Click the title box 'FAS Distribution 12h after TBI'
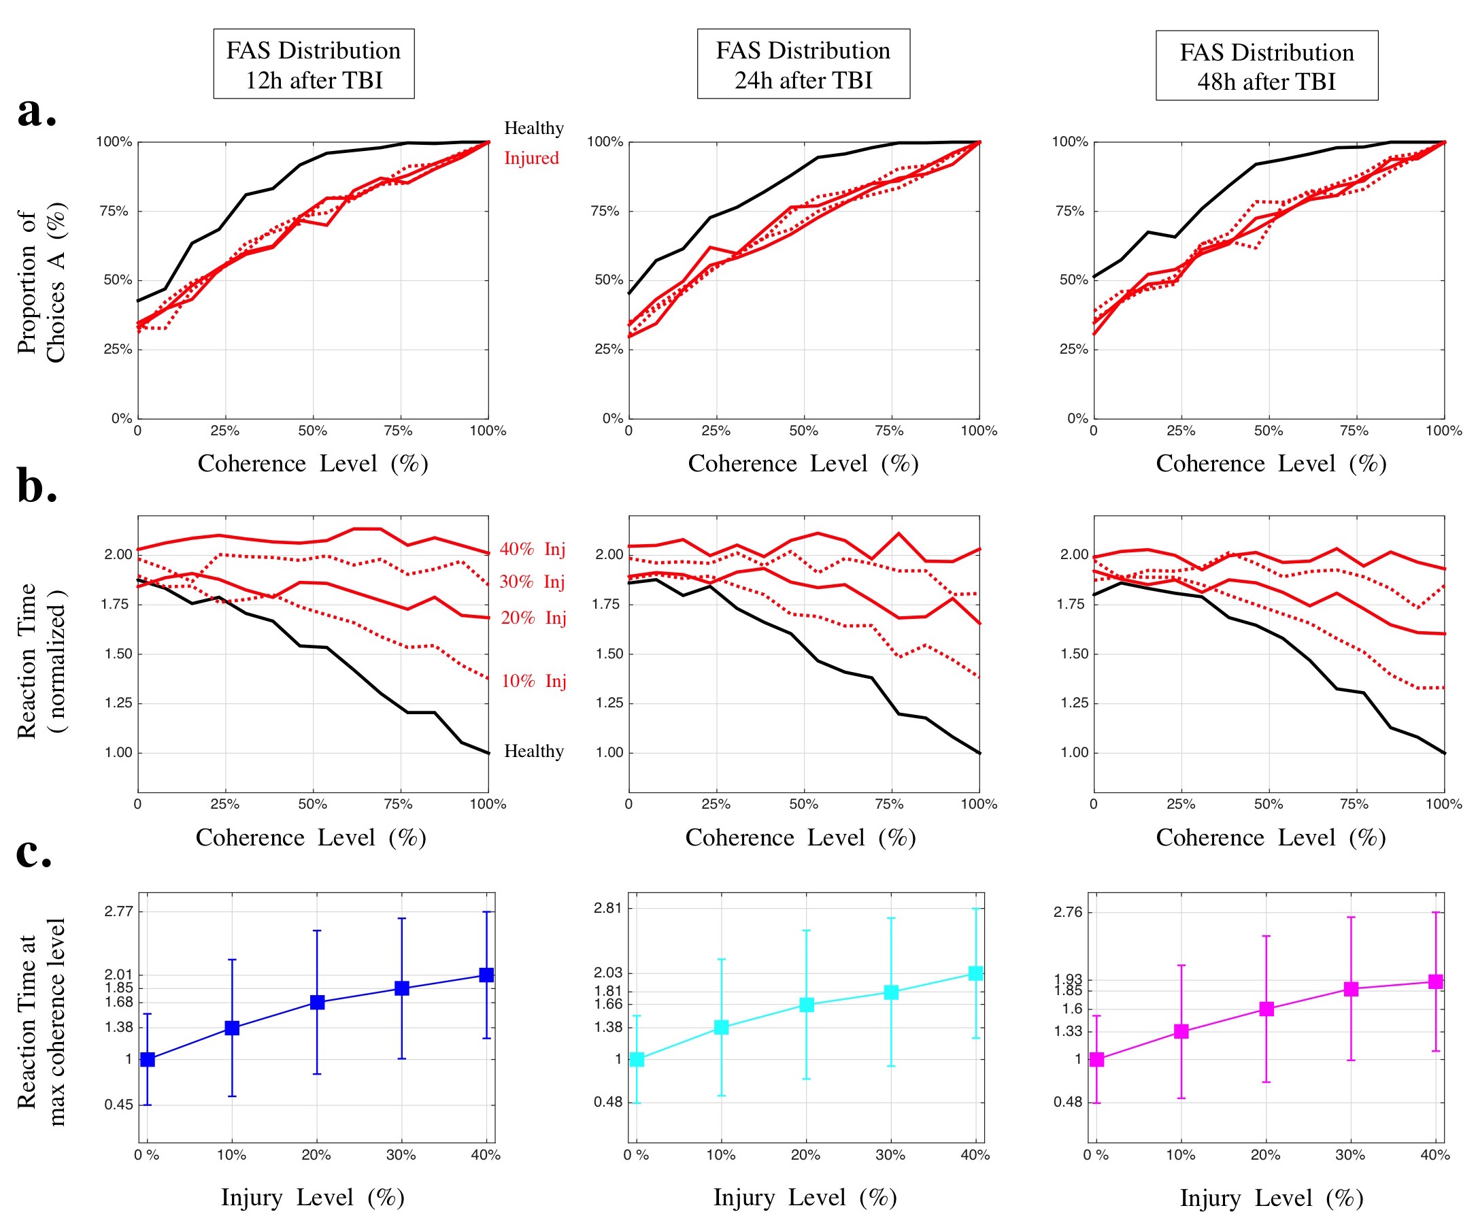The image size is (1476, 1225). (x=314, y=64)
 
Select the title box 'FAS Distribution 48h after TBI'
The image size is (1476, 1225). (x=1266, y=66)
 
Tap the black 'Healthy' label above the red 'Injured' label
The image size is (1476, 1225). (x=533, y=128)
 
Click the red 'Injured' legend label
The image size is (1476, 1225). (x=531, y=158)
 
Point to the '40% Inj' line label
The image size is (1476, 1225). (x=532, y=549)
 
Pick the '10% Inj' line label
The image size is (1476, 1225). (x=533, y=681)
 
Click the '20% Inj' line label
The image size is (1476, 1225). (x=533, y=618)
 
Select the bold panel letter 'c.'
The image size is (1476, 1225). (x=34, y=852)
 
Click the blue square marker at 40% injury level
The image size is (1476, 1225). (x=486, y=975)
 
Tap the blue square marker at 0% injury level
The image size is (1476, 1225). (x=148, y=1059)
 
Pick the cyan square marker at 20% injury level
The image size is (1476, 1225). (x=806, y=1005)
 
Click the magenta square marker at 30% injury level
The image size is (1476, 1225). (x=1350, y=989)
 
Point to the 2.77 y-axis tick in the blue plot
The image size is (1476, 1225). (x=118, y=911)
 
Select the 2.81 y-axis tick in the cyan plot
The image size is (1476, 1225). (x=608, y=908)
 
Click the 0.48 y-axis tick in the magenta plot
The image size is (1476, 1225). (x=1068, y=1102)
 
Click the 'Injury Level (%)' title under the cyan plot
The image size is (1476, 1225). (x=805, y=1197)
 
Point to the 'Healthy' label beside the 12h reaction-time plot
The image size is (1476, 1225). (x=533, y=752)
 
